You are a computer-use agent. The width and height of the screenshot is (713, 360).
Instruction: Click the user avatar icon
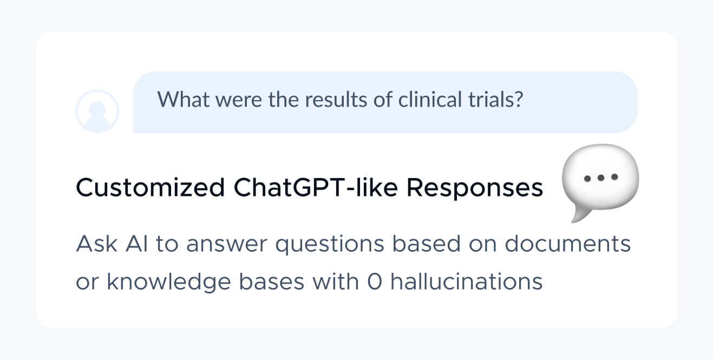[97, 111]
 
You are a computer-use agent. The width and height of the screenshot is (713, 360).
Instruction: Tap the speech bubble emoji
[600, 182]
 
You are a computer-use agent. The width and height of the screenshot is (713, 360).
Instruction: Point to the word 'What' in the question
[184, 99]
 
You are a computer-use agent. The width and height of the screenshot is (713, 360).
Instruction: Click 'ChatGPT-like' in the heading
[316, 187]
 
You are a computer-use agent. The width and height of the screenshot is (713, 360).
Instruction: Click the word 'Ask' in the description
[97, 244]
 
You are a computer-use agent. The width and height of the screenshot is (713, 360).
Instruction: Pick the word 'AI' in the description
[137, 244]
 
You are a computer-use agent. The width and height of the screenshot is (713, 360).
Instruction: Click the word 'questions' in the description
[330, 245]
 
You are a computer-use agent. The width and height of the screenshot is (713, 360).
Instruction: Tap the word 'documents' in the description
[567, 244]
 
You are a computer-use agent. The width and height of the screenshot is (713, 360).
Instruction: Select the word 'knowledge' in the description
[169, 283]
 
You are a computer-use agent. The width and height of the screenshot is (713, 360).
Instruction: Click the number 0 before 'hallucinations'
[375, 282]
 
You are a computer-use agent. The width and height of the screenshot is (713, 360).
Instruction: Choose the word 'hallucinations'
[466, 282]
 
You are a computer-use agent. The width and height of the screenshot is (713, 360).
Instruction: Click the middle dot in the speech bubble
[601, 178]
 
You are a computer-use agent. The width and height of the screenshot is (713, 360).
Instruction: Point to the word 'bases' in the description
[272, 282]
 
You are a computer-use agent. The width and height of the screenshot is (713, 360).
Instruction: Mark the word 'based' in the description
[426, 244]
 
